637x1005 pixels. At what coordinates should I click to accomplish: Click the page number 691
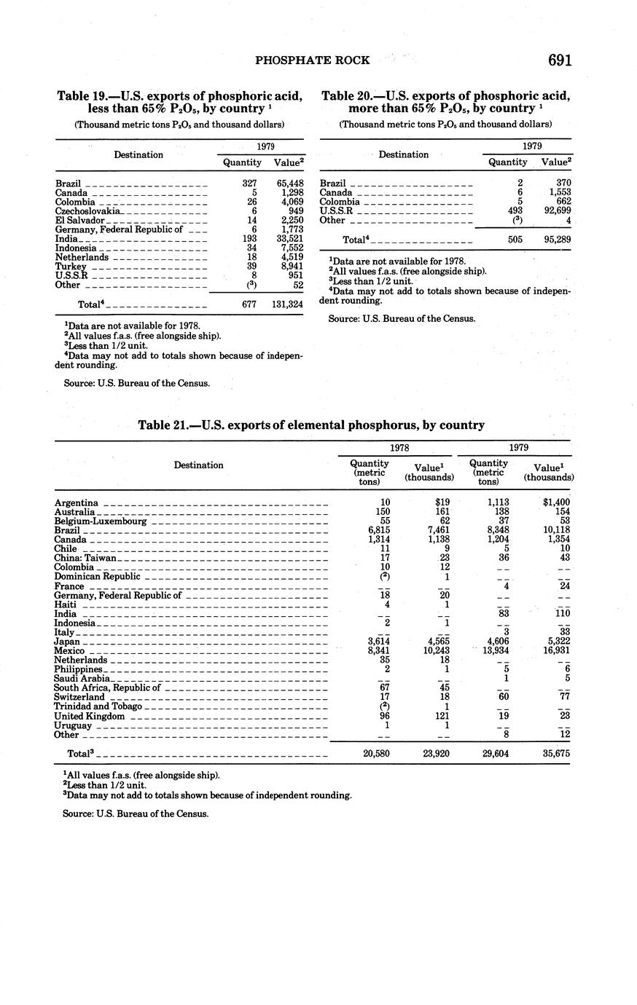pos(559,60)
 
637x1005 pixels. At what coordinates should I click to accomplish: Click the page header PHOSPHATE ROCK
pos(313,60)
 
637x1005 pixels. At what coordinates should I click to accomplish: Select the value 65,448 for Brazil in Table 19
pos(289,184)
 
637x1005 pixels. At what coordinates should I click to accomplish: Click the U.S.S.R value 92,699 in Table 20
pos(554,211)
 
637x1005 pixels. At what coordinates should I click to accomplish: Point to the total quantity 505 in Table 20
pos(516,239)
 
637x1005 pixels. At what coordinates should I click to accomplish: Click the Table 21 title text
pos(311,425)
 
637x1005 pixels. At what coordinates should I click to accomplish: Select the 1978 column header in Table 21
pos(398,448)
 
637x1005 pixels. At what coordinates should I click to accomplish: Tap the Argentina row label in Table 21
pos(77,502)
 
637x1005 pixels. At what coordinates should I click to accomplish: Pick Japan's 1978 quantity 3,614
pos(376,641)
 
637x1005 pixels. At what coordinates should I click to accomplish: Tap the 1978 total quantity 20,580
pos(376,754)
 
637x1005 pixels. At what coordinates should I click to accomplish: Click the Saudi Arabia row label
pos(82,679)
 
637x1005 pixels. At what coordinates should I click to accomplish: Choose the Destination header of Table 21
pos(198,465)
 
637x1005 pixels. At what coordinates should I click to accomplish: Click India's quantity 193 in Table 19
pos(249,239)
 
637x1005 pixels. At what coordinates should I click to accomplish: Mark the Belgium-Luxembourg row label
pos(101,521)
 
